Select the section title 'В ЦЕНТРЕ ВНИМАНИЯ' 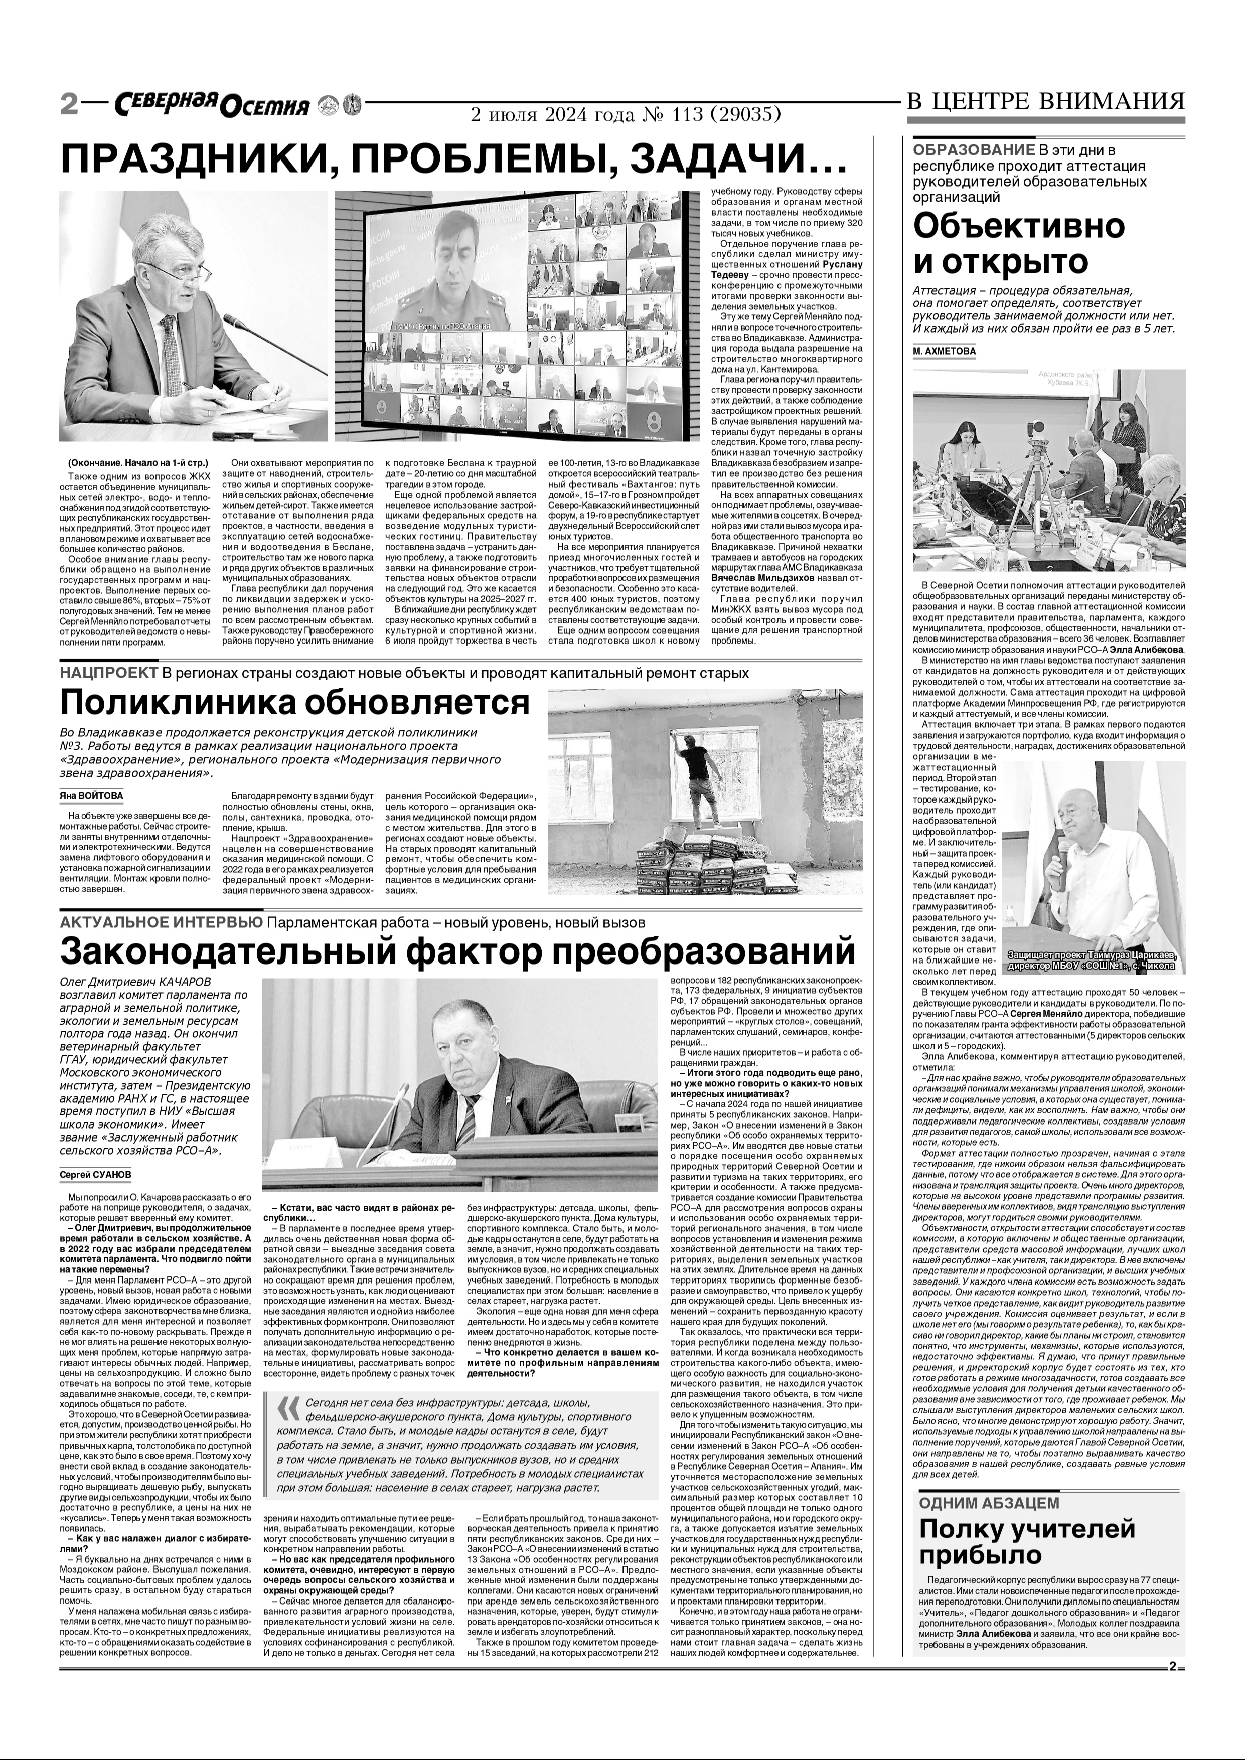click(x=1046, y=101)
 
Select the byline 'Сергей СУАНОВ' click(x=95, y=1174)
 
